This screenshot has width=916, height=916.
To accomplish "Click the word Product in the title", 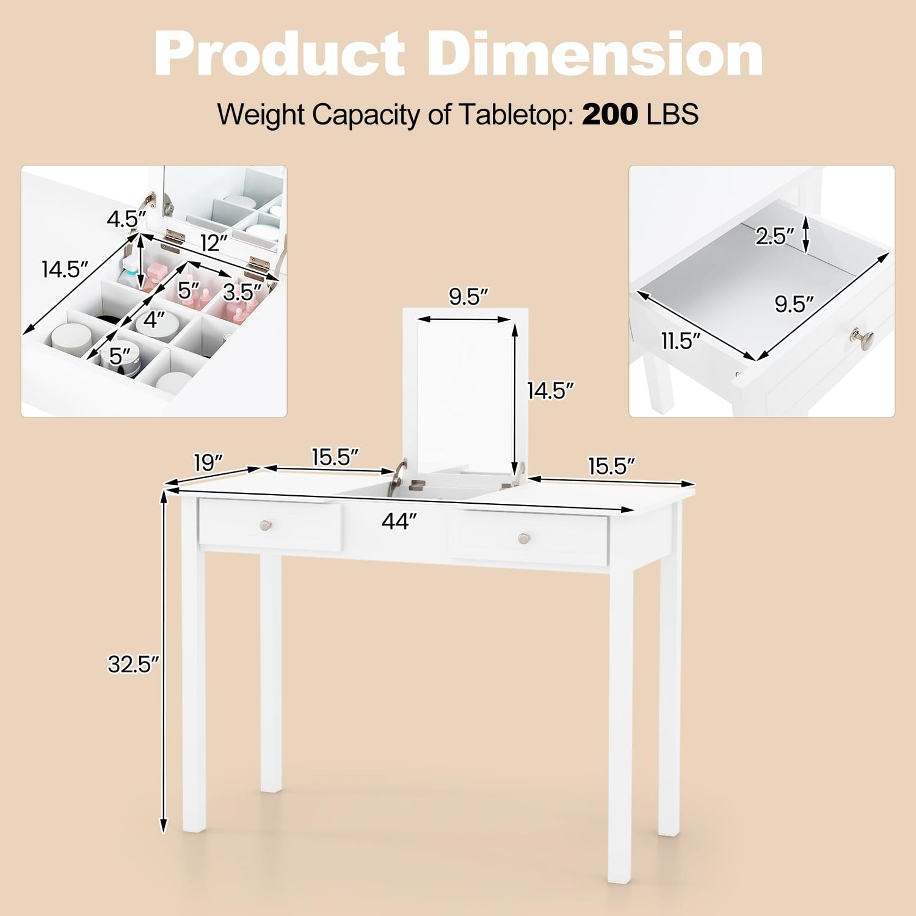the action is pos(280,54).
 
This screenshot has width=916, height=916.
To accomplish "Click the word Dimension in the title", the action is pos(595,54).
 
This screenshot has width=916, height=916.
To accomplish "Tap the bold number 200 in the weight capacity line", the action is pos(610,114).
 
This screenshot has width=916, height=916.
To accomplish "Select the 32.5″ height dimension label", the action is pos(133,664).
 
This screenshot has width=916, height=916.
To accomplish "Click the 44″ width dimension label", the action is pos(399,521).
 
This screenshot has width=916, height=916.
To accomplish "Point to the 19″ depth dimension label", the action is pos(208,462).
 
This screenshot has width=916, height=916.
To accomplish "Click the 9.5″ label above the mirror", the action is pos(468,297).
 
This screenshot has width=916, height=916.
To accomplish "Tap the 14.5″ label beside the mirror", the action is pos(551,391).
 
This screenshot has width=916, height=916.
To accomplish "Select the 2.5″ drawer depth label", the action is pos(774,236).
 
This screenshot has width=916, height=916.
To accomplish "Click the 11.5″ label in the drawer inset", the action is pos(681,341).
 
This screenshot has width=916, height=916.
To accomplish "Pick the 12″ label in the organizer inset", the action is pos(214,243).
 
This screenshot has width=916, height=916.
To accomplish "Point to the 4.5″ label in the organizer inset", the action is pos(126,219).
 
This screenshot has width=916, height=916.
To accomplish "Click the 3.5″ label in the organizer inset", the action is pos(242,293).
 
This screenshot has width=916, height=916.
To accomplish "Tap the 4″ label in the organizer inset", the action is pos(154,319).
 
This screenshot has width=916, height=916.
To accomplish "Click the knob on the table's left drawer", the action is pos(266,525).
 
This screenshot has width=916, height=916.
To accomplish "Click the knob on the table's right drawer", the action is pos(524,538).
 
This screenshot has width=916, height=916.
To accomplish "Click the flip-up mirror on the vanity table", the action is pos(465,391).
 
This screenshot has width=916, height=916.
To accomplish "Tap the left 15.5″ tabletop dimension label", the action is pos(335,457).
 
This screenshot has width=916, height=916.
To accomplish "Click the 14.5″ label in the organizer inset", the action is pos(65,269).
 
